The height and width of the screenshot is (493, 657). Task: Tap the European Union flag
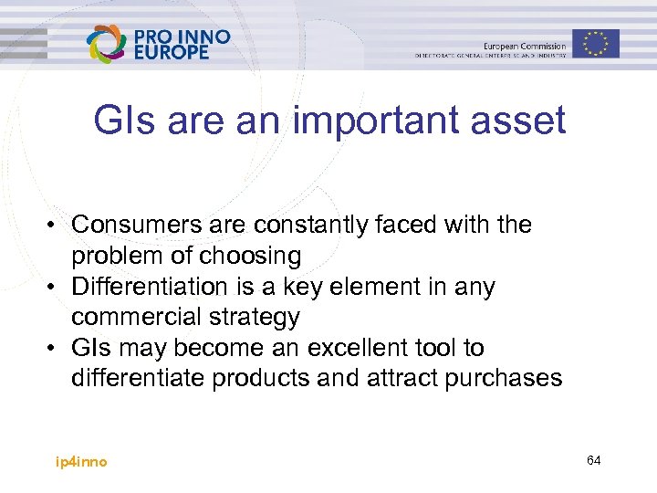point(596,43)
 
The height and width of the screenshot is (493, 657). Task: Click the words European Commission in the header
point(524,46)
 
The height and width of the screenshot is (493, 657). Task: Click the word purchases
point(504,379)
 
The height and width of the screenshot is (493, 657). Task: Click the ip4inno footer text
point(81,462)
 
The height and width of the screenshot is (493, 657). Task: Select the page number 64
point(594,460)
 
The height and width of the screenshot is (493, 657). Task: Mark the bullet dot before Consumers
point(57,226)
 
